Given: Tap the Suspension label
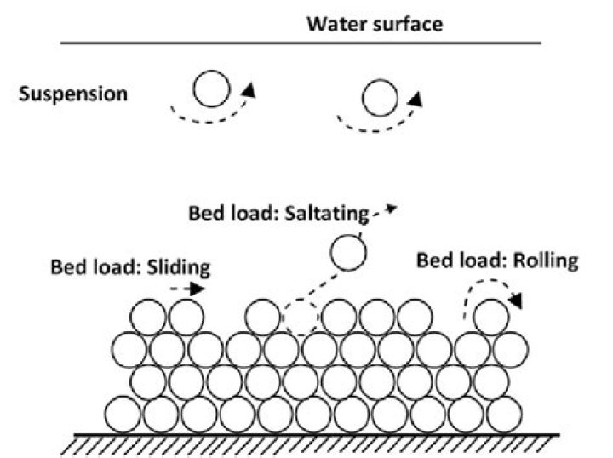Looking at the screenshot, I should [x=73, y=93].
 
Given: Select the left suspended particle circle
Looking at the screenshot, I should [x=210, y=89].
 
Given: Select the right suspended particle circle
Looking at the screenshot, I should [x=380, y=98].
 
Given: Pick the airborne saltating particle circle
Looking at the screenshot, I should [x=348, y=253].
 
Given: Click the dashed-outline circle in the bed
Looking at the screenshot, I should [x=300, y=318].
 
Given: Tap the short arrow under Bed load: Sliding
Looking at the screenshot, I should [x=188, y=289].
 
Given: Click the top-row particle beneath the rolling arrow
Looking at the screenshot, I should [x=490, y=318].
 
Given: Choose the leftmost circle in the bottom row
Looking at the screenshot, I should [x=123, y=413].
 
